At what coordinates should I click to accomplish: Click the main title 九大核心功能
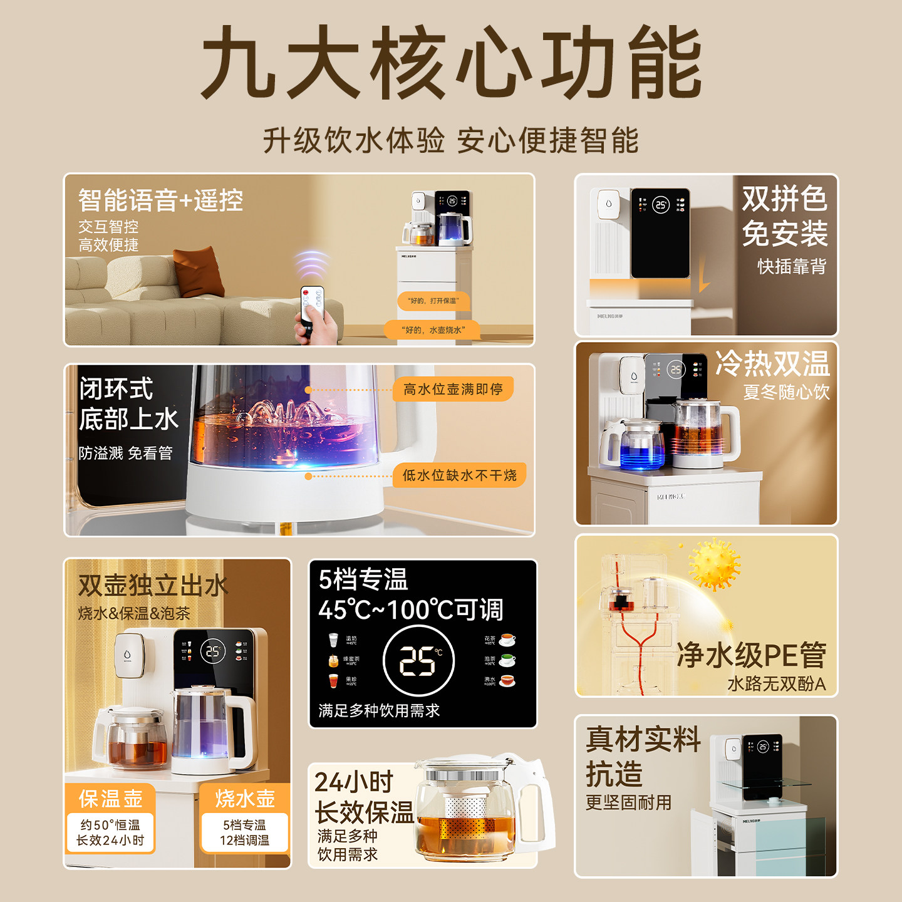click(x=451, y=63)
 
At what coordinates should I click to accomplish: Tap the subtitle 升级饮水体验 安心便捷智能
click(x=451, y=140)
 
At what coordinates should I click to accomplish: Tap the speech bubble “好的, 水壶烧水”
click(x=433, y=330)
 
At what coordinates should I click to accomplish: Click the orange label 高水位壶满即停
click(x=453, y=390)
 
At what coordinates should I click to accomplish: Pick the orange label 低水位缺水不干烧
click(x=459, y=475)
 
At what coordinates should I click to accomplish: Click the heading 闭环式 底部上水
click(x=128, y=404)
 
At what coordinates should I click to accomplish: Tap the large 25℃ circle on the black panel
click(x=418, y=661)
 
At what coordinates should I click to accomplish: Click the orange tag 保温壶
click(x=110, y=799)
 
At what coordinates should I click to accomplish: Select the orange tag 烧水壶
click(x=245, y=799)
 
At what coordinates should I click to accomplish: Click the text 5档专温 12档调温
click(x=245, y=832)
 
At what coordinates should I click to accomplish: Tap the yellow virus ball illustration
click(x=714, y=564)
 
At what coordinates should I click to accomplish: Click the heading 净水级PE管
click(x=751, y=655)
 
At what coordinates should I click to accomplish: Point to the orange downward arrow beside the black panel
click(x=704, y=276)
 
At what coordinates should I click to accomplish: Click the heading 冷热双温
click(x=772, y=363)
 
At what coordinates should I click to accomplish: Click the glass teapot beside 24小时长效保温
click(x=476, y=808)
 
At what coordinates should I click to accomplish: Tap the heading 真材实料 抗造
click(x=643, y=757)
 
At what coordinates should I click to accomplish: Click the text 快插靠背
click(x=792, y=266)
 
